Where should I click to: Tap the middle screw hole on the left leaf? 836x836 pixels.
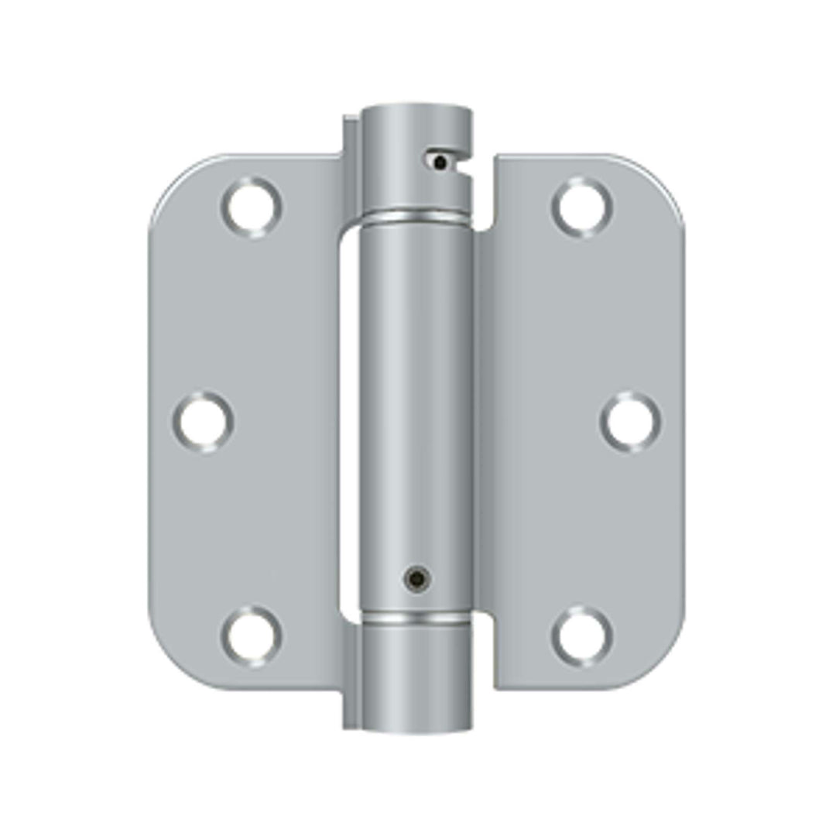coord(203,423)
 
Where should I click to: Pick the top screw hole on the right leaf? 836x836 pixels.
coord(582,207)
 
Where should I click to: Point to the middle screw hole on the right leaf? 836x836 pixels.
coord(631,423)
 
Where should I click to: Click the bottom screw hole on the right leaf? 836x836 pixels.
coord(582,637)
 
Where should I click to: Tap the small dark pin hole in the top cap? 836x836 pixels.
coord(440,163)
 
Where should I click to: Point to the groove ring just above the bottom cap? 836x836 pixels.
coord(416,618)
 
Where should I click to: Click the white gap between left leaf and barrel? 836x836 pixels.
coord(348,418)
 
